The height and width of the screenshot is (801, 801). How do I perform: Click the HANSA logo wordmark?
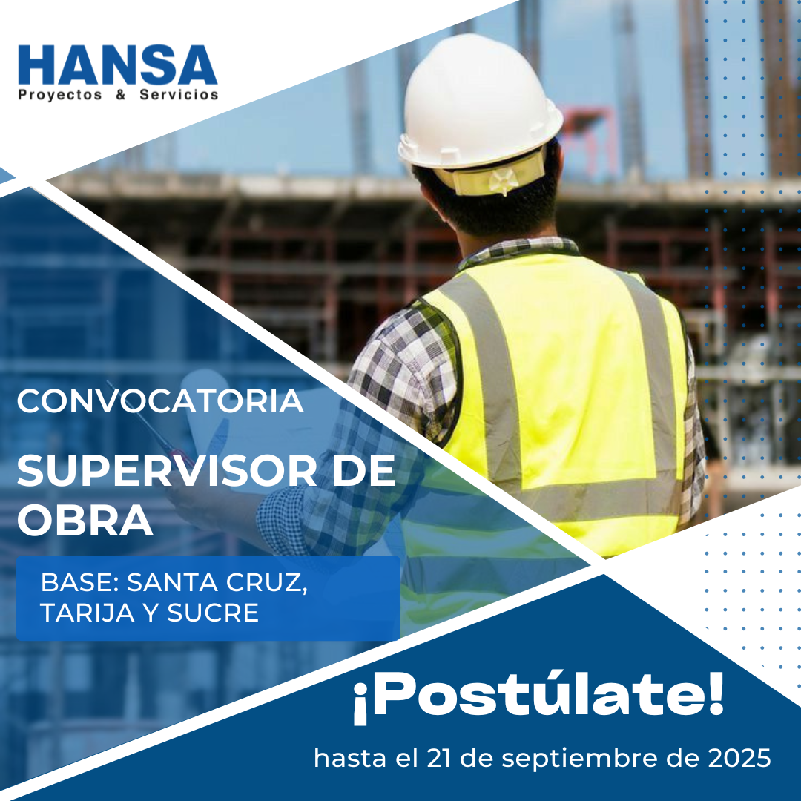click(x=117, y=65)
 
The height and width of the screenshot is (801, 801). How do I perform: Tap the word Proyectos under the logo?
click(x=60, y=95)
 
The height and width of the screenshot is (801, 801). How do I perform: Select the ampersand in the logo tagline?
click(x=121, y=94)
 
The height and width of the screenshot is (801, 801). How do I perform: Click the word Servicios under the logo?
click(x=179, y=94)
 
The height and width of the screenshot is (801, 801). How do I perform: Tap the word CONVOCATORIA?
click(x=160, y=401)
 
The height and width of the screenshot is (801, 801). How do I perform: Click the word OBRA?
click(x=85, y=521)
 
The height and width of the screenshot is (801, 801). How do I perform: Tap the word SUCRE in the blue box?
click(x=213, y=613)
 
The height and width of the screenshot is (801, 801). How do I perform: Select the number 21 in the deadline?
click(x=439, y=758)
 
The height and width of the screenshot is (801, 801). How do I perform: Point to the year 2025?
click(x=739, y=758)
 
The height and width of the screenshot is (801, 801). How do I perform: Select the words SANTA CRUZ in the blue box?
click(x=217, y=582)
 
